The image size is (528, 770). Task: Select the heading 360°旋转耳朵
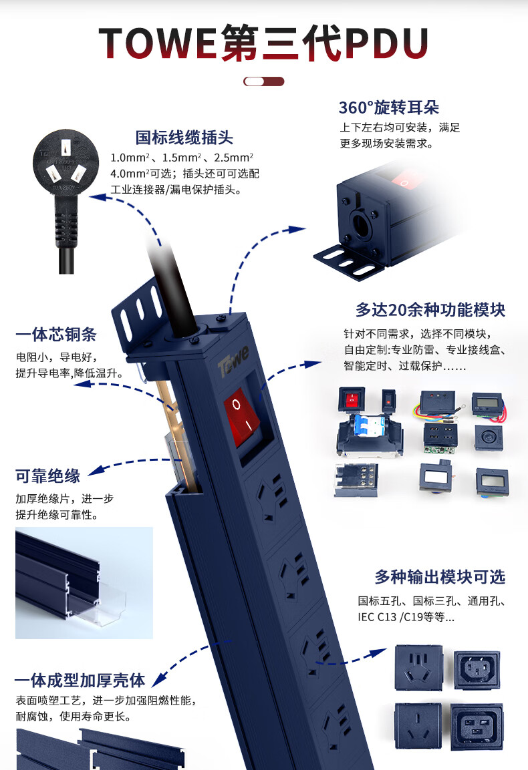[x=388, y=107]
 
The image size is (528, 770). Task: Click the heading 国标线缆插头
[x=184, y=138]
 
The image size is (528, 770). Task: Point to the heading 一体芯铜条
[x=56, y=335]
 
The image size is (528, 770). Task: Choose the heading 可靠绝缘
[x=47, y=476]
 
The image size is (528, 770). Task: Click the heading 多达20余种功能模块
[x=430, y=310]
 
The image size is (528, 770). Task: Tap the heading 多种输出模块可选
[x=440, y=577]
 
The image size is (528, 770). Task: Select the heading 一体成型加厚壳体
[x=80, y=680]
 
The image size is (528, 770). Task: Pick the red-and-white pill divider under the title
[x=263, y=81]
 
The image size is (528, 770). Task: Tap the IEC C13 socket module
[x=477, y=669]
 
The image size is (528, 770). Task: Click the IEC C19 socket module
[x=477, y=726]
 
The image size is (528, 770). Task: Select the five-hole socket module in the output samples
[x=419, y=668]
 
